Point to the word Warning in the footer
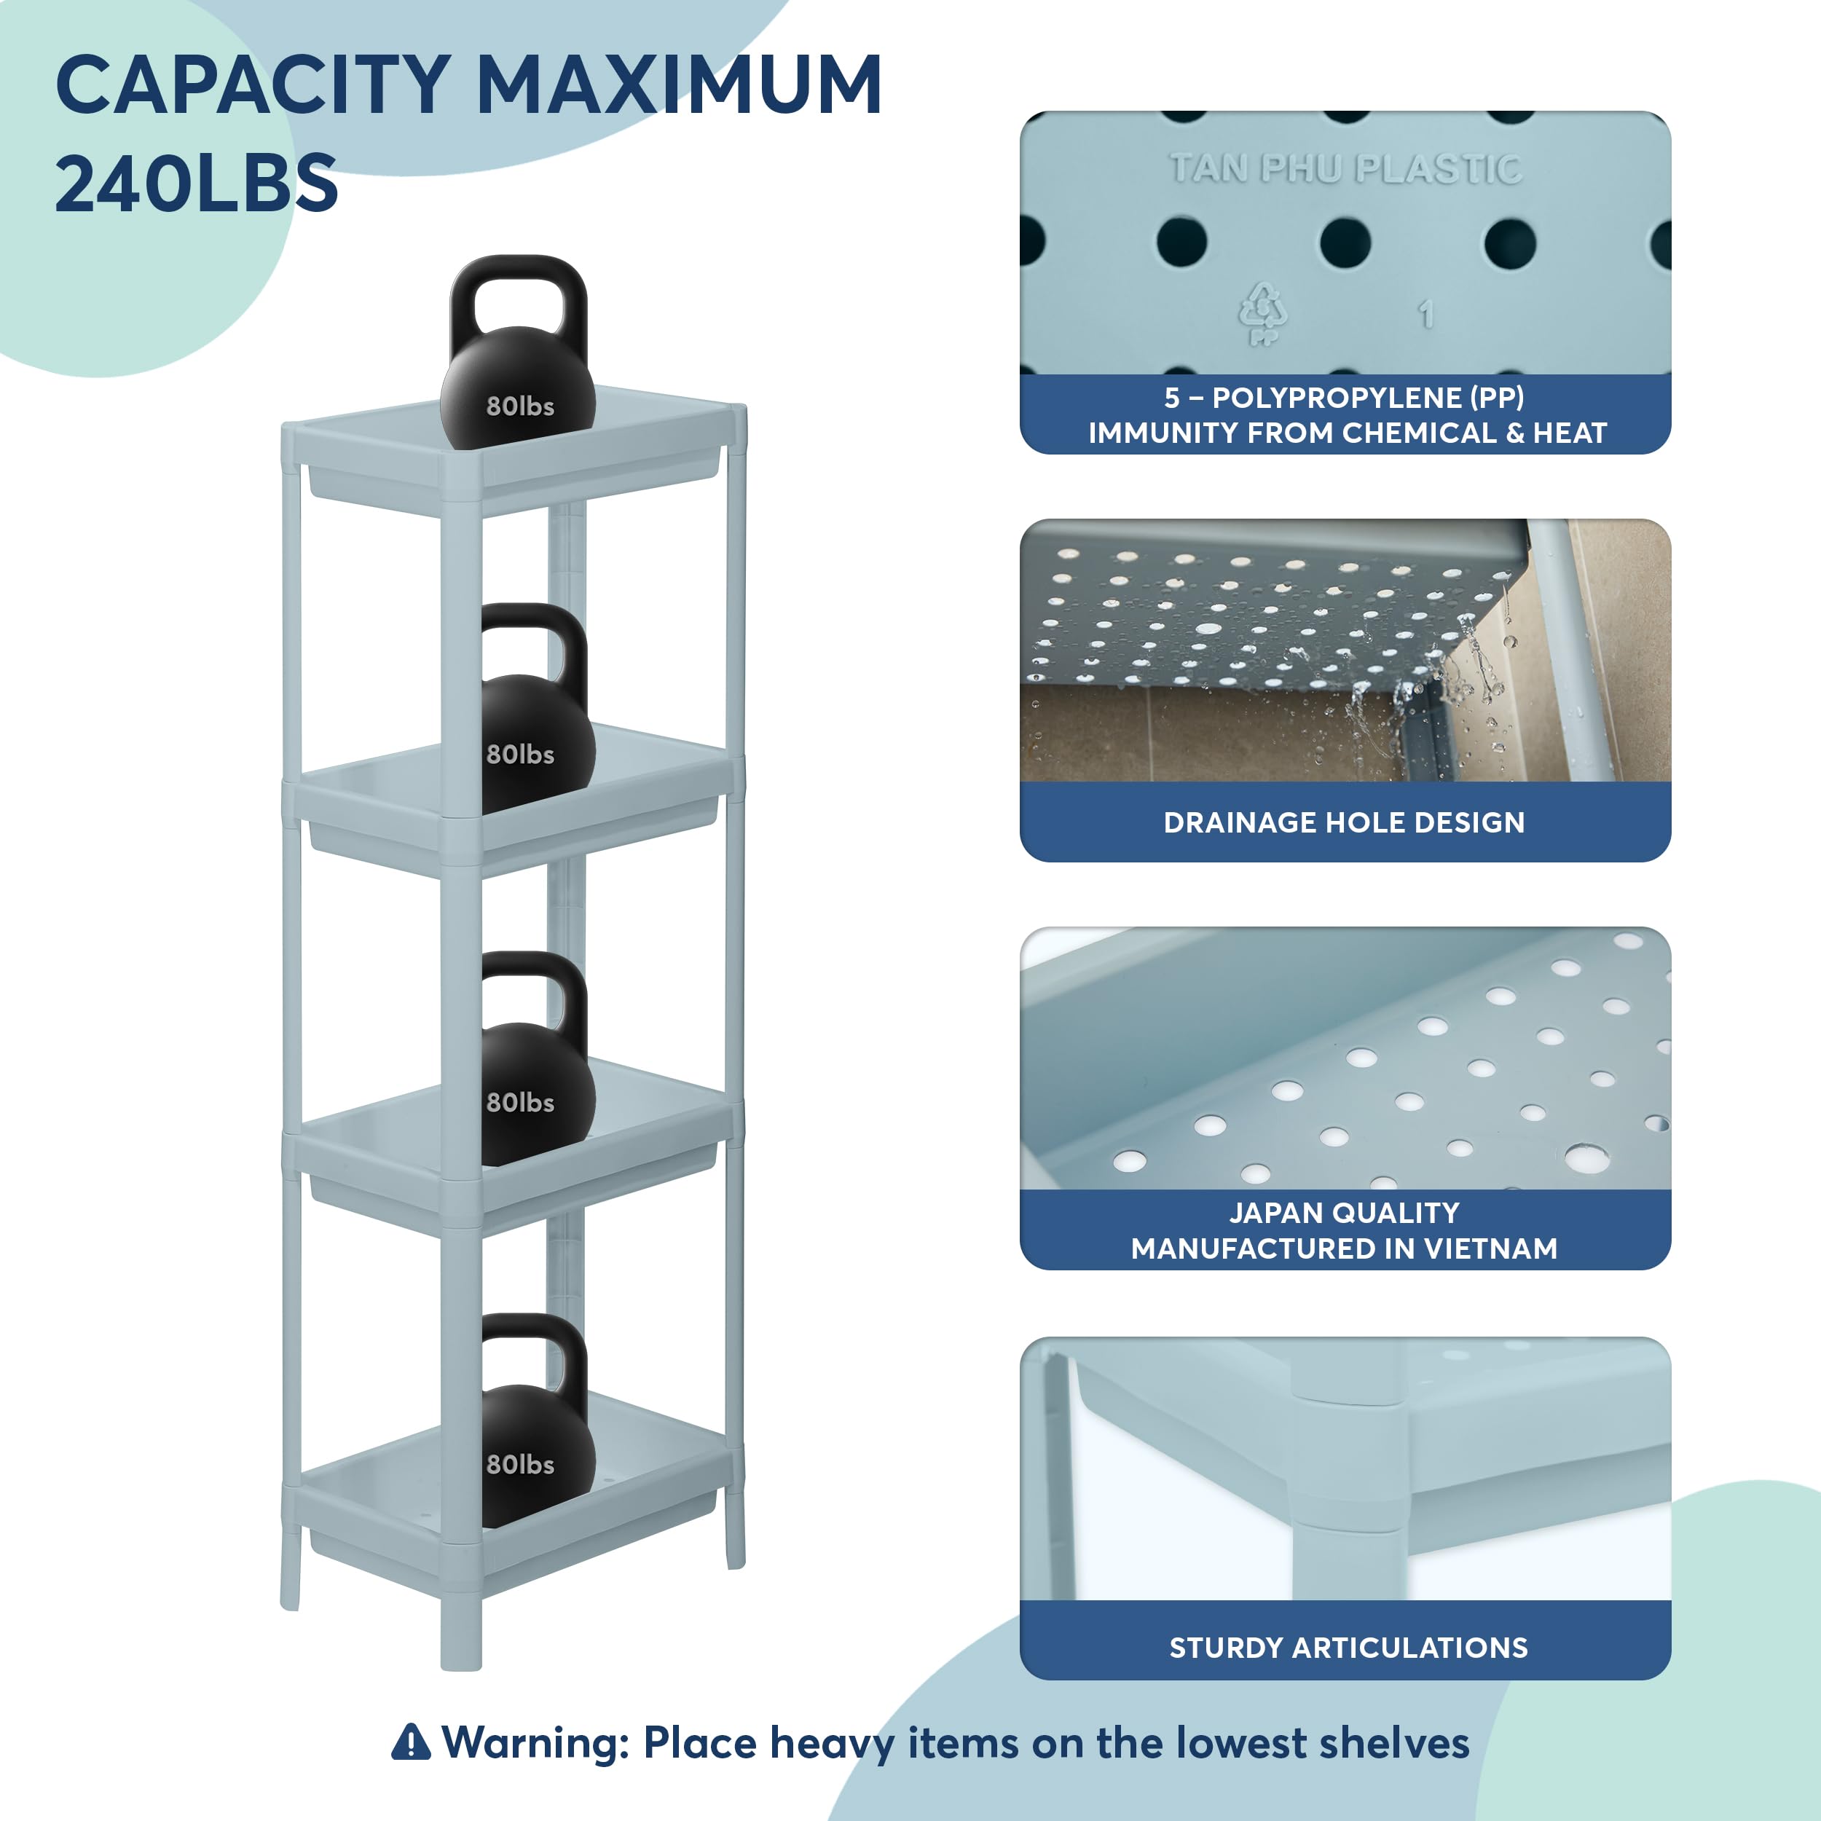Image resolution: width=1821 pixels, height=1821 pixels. (x=535, y=1744)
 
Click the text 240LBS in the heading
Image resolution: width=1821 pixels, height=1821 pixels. (x=196, y=183)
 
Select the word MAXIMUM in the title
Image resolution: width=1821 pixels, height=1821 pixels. (x=679, y=84)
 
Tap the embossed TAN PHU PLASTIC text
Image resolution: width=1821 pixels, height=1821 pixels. (x=1345, y=169)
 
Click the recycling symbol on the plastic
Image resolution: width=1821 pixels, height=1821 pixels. (x=1262, y=313)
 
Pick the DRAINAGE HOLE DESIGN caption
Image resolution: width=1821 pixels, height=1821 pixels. (x=1344, y=822)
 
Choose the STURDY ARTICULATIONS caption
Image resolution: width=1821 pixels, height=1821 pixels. (x=1348, y=1648)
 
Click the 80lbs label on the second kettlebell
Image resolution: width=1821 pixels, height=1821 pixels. (x=520, y=755)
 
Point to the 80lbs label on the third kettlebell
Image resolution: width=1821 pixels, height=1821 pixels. (x=520, y=1103)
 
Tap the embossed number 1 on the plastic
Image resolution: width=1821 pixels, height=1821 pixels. (x=1426, y=314)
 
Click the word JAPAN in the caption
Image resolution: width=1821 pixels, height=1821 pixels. (x=1277, y=1213)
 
